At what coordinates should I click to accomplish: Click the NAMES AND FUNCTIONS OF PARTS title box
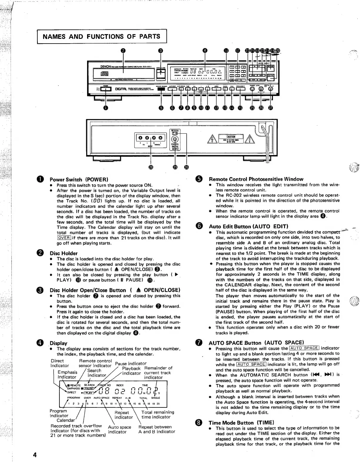tap(102, 37)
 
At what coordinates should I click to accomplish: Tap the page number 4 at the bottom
tap(35, 455)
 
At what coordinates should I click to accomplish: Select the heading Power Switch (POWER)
tap(79, 179)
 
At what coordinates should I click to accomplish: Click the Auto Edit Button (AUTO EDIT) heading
tap(248, 226)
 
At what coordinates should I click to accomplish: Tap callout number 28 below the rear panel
tap(151, 167)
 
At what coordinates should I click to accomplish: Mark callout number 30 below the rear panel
tap(186, 167)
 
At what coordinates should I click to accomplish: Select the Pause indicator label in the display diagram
tap(131, 363)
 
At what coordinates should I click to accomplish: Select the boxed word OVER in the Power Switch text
tap(64, 238)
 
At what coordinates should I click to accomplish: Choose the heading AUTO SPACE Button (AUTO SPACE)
tap(256, 342)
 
